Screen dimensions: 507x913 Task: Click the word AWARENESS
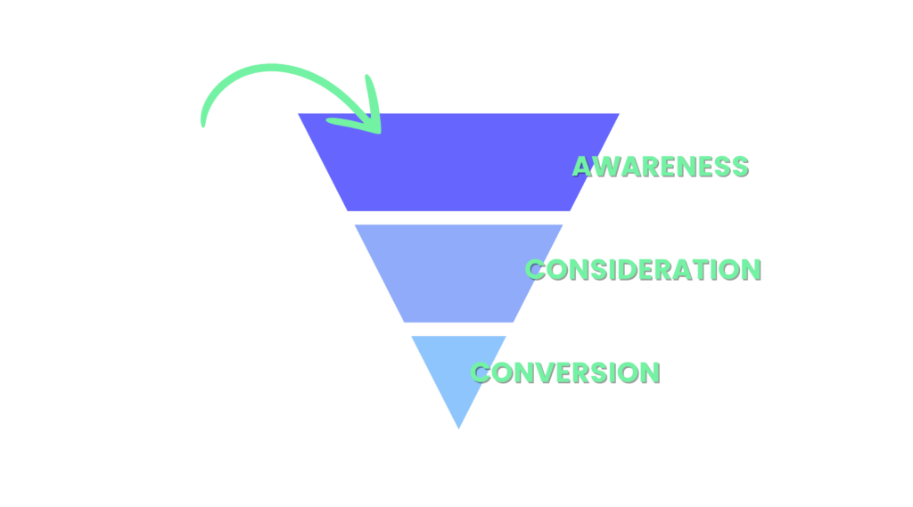coord(660,167)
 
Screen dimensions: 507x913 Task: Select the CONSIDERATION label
coord(643,269)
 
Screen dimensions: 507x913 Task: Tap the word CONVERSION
coord(565,372)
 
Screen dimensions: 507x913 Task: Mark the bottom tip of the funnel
coord(458,429)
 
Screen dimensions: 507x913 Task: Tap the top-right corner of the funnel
coord(618,114)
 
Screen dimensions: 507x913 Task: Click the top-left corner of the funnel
coord(300,114)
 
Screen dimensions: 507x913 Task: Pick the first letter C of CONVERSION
coord(481,372)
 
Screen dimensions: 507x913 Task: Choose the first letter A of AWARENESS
coord(582,167)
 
